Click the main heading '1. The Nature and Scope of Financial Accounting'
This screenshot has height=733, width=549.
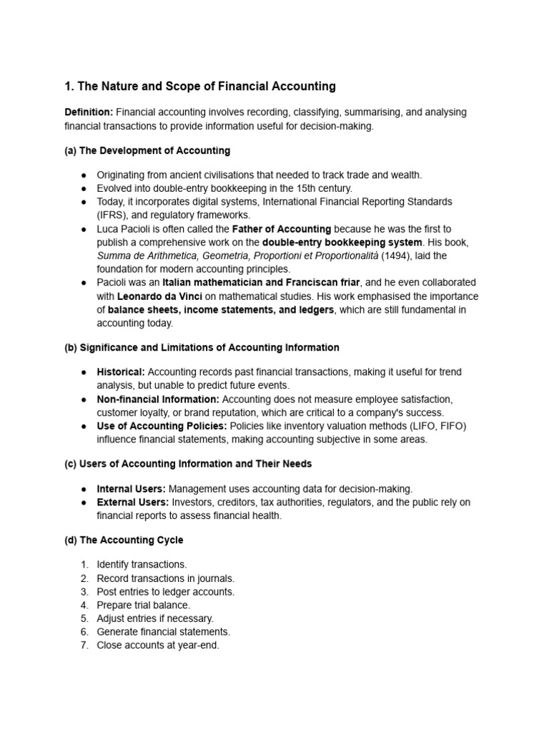[199, 87]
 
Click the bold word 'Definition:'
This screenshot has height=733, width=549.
[89, 113]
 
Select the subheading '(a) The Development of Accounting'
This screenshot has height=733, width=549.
[147, 150]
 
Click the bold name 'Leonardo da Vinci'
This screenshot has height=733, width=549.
[159, 296]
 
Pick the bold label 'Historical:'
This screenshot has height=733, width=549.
[121, 372]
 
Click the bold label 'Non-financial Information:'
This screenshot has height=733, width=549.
[158, 399]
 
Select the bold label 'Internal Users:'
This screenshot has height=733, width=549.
[132, 489]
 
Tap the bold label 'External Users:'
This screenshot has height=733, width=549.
[132, 503]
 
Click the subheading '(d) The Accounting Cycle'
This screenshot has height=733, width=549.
[123, 540]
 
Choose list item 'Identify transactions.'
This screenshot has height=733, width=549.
[142, 565]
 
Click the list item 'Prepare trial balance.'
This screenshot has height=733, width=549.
[144, 605]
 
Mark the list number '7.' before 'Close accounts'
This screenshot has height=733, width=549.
[84, 645]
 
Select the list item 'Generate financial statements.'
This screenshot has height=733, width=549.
[164, 631]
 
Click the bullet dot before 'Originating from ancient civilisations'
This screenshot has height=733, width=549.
[84, 175]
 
